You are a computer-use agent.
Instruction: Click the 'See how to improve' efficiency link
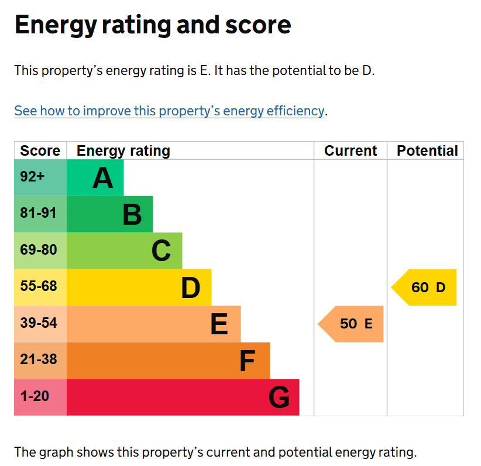point(169,111)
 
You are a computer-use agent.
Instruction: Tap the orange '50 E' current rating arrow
point(351,324)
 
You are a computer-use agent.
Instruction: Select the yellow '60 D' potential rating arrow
point(424,287)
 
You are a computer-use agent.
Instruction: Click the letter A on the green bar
point(103,178)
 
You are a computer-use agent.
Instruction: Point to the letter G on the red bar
point(279,397)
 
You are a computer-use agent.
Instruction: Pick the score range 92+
point(32,177)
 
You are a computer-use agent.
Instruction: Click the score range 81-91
point(39,213)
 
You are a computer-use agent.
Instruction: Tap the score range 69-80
point(39,249)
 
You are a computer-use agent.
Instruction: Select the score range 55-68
point(39,286)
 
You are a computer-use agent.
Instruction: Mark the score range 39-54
point(39,323)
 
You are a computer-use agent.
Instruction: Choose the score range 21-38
point(39,359)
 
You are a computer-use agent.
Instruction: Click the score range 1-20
point(35,396)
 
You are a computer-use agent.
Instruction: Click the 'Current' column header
point(351,150)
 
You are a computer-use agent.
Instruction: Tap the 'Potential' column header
point(427,150)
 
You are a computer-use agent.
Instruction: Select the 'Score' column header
point(40,150)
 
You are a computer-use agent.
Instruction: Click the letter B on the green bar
point(132,214)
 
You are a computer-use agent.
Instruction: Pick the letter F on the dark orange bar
point(248,361)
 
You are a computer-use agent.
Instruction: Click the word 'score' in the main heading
point(258,25)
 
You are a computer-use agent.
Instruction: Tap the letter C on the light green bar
point(161,251)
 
